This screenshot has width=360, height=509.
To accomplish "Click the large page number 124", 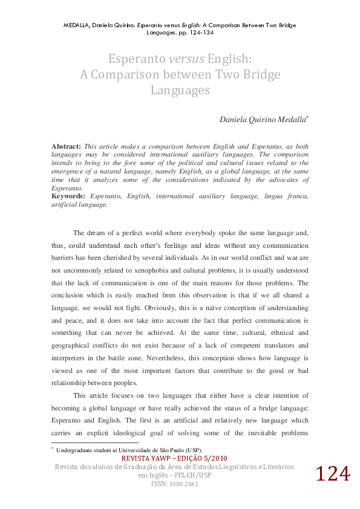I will click(332, 475).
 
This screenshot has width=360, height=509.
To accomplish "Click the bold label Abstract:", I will click(66, 147).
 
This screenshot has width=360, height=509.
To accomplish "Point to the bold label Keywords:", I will click(69, 196).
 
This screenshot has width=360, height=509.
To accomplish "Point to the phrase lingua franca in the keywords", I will click(288, 196).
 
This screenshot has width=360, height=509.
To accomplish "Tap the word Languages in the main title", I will click(180, 91).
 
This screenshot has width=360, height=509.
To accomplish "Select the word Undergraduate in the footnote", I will click(76, 450).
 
